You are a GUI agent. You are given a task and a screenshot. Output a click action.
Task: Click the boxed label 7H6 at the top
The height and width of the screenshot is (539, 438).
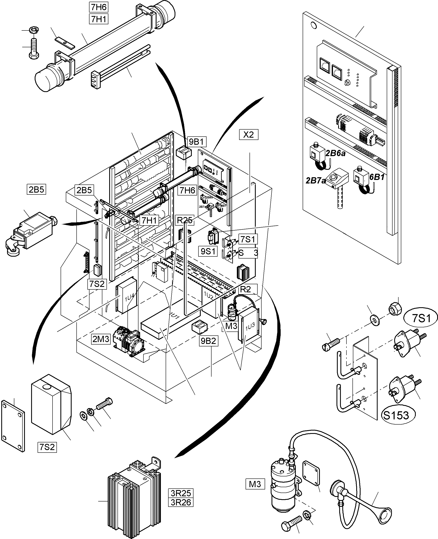(x=99, y=7)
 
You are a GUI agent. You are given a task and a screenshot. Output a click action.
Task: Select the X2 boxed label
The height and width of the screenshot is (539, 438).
(x=248, y=135)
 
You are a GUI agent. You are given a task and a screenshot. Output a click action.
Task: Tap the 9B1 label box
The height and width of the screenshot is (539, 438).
(x=197, y=142)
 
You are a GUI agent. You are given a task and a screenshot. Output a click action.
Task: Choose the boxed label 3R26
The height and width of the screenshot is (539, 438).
(x=181, y=502)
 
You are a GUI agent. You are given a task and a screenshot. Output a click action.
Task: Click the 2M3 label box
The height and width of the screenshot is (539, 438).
(x=101, y=339)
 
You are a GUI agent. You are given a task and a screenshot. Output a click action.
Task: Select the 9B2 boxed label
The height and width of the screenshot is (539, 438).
(x=208, y=341)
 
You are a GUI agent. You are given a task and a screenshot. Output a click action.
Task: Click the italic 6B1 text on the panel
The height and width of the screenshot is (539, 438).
(x=377, y=177)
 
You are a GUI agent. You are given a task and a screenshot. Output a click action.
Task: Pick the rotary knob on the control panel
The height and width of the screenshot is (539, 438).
(x=347, y=82)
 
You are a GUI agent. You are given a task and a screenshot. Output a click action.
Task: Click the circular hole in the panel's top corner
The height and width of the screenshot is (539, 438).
(x=314, y=25)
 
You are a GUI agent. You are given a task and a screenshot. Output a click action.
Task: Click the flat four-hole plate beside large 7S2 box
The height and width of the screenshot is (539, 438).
(x=13, y=426)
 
